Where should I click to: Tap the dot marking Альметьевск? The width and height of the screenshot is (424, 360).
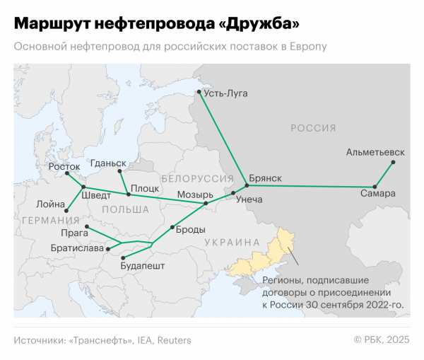click(394, 162)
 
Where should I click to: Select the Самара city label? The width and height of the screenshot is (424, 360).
click(377, 193)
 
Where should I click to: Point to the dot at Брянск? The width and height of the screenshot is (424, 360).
click(247, 186)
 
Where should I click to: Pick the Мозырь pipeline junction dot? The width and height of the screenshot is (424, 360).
click(206, 204)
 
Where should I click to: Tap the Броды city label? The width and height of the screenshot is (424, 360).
click(191, 230)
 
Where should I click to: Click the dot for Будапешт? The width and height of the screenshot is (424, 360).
click(124, 257)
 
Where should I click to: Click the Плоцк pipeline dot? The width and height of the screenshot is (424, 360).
click(128, 194)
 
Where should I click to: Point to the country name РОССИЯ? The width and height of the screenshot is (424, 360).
click(313, 128)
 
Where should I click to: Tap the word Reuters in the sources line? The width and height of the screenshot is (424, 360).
click(174, 340)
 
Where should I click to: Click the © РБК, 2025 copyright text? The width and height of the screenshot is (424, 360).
click(382, 340)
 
